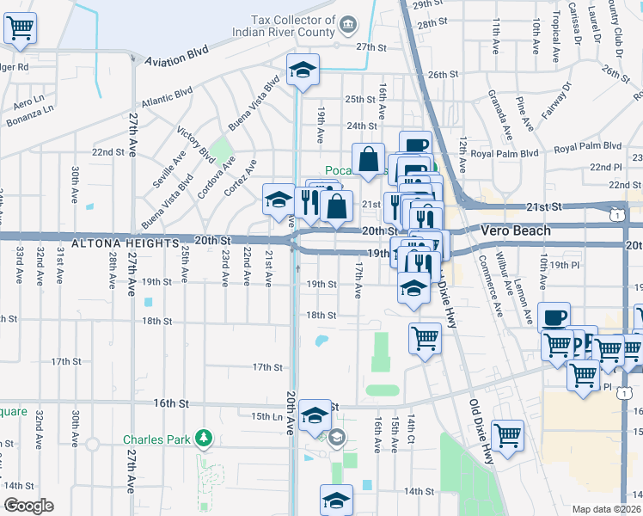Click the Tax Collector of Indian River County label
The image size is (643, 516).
pos(292,27)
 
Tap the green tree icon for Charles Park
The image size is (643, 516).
pos(203,439)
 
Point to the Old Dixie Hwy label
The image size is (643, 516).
pos(481,430)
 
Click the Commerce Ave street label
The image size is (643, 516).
pos(491,284)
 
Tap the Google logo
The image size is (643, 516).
pos(28,506)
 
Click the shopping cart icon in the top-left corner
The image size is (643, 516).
pos(21,28)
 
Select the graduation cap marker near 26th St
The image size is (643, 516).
pos(303,71)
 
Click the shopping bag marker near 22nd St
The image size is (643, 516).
pos(368,159)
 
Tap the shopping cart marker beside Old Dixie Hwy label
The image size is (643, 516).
pos(507,434)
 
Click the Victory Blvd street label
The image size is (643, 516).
pos(195,144)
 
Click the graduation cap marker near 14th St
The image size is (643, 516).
pos(336,499)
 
